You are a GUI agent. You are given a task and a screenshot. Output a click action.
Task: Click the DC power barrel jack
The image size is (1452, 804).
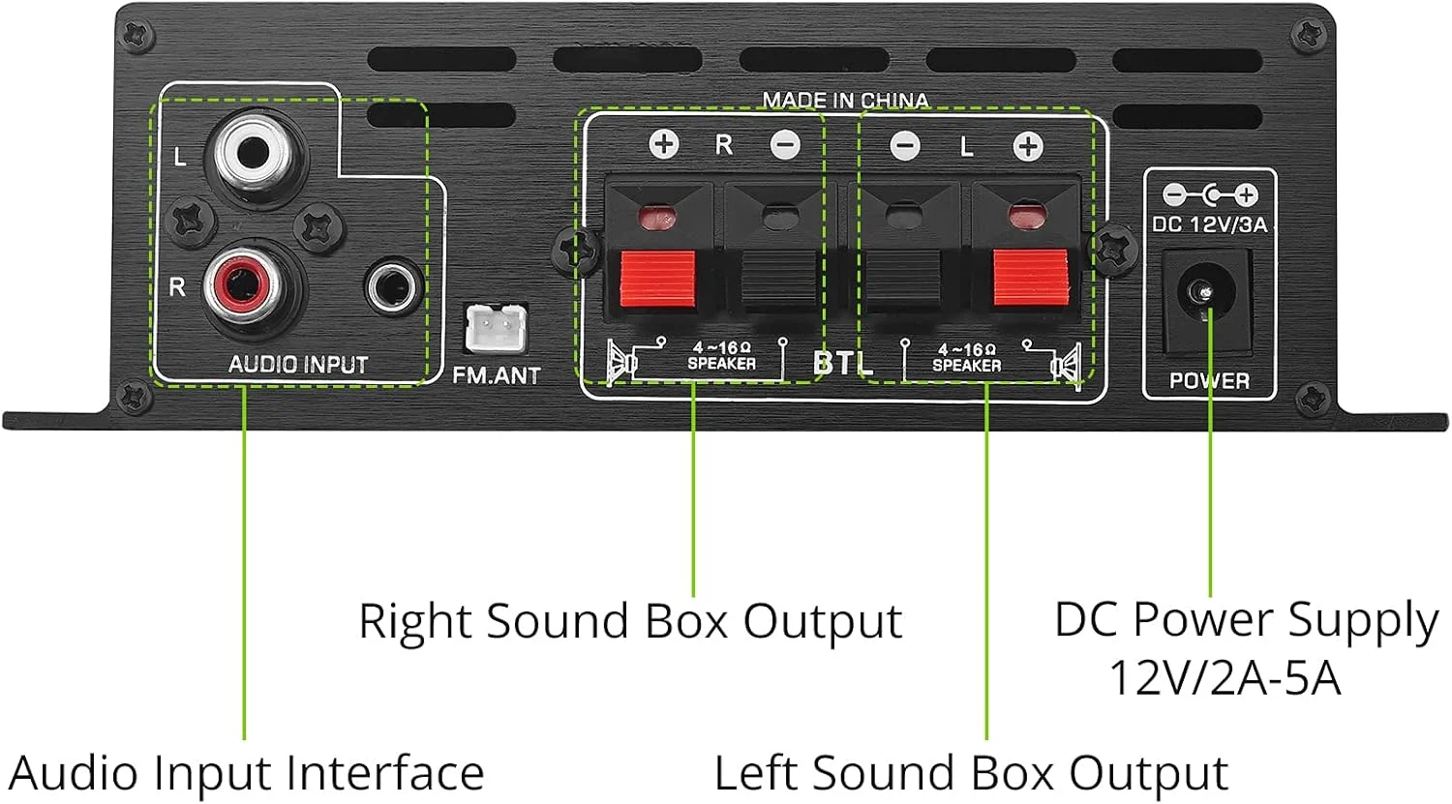coord(1206,290)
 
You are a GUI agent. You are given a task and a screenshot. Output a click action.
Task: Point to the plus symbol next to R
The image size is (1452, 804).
coord(663,145)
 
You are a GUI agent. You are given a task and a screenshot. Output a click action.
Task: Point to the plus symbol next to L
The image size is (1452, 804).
coord(1027,146)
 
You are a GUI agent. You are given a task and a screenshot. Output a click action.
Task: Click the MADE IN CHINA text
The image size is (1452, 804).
coord(844,100)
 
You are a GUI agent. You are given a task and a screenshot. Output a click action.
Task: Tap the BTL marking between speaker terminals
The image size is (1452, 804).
coord(842,363)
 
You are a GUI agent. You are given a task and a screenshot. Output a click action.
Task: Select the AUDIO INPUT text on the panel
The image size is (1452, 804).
coord(298,365)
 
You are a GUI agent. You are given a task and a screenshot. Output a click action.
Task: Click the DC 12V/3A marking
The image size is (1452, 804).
coord(1209,224)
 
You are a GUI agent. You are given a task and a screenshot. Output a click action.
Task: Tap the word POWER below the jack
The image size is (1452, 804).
coord(1209,380)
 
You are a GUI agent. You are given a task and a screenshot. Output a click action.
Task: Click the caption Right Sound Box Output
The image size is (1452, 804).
coord(630,621)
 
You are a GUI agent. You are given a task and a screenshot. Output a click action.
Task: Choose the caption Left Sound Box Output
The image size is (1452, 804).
coord(971,774)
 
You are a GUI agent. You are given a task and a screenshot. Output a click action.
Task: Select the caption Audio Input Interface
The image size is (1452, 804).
coord(247,774)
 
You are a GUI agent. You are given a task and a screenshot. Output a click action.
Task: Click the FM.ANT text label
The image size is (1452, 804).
coord(497,375)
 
